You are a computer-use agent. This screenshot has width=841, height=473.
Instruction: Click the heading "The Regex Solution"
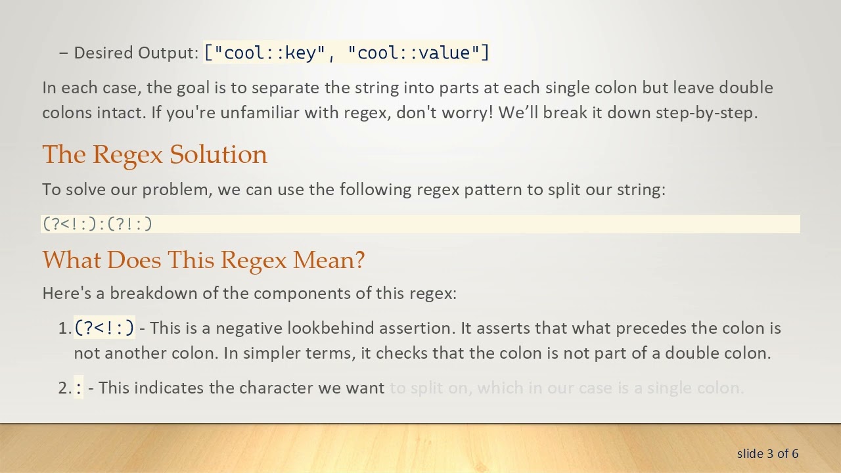[154, 154]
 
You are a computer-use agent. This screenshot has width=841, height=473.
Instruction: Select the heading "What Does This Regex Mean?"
[203, 260]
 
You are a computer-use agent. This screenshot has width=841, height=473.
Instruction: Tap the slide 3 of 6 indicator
[767, 453]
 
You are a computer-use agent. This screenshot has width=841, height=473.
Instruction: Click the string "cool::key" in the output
[270, 53]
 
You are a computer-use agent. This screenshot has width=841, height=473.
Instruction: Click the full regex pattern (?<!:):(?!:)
[97, 224]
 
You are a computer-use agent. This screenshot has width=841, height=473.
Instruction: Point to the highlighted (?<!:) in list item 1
[104, 328]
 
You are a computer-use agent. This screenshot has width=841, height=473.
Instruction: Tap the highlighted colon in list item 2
[79, 388]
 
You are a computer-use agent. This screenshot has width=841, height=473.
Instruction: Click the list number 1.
[63, 328]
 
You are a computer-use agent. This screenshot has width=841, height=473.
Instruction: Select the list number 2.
[63, 388]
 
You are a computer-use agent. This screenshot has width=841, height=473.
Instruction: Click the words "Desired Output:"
[136, 53]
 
